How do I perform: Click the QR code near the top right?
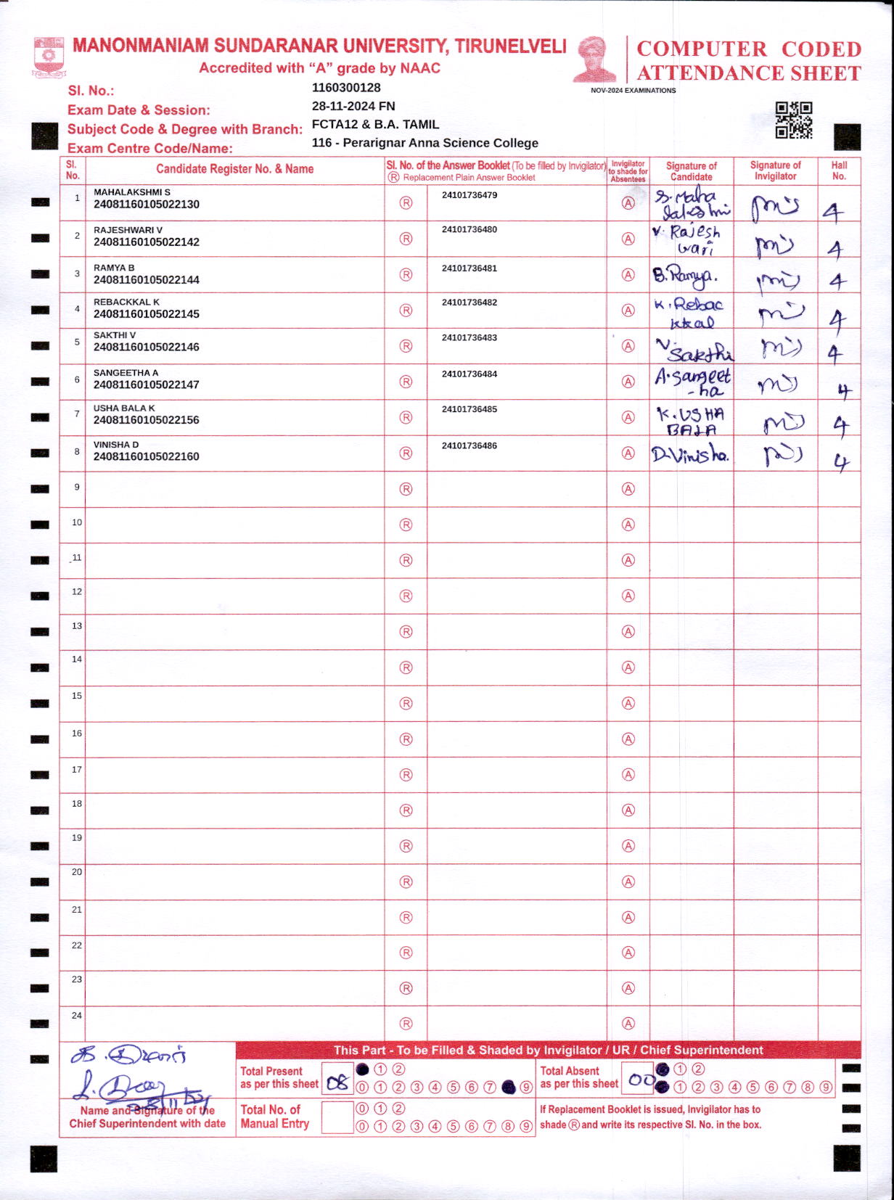pos(793,120)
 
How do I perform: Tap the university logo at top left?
pos(49,57)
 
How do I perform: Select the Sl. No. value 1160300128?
pos(346,88)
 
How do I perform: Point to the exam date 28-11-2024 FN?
pos(353,106)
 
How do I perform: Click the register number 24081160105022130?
pos(146,205)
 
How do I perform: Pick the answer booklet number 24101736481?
pos(469,268)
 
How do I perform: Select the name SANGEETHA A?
pos(126,373)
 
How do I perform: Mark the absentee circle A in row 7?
pos(628,417)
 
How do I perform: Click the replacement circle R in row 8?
pos(406,453)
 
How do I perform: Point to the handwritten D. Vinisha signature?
pos(690,455)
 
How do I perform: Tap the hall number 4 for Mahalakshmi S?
pos(833,212)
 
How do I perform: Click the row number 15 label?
pos(77,696)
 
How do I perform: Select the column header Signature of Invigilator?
pos(775,170)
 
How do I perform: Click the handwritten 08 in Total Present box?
pos(337,1083)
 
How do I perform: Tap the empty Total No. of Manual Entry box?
pos(337,1117)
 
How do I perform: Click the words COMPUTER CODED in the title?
pos(749,49)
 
